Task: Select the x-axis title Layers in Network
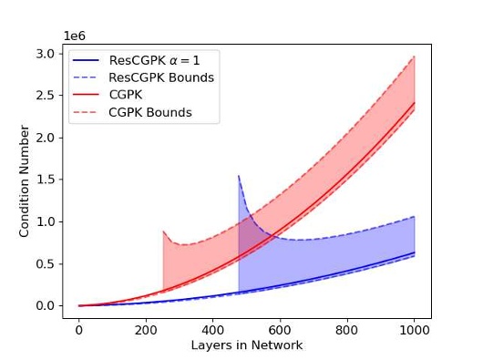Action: (x=246, y=345)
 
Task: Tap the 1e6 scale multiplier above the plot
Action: (x=74, y=36)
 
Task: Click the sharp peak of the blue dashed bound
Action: (x=239, y=176)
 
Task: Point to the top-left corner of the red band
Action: (x=163, y=231)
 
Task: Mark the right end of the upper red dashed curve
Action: (x=414, y=57)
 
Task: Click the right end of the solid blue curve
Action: (x=414, y=252)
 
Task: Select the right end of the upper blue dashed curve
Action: (x=414, y=217)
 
